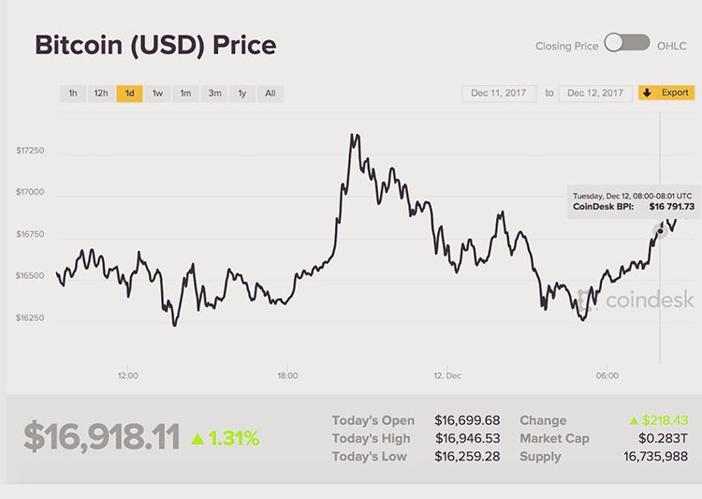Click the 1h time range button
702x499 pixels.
72,94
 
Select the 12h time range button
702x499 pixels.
100,94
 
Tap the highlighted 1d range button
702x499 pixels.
129,94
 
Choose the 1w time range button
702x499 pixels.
157,94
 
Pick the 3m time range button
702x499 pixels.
214,94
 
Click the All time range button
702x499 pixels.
270,94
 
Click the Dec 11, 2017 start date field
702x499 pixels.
499,94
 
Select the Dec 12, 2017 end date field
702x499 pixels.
595,94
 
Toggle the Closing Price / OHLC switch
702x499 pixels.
627,43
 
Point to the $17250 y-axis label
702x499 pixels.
30,151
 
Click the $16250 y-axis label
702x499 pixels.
30,318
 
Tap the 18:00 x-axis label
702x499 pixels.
287,375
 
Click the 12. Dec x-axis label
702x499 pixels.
447,375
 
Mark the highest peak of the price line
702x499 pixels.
353,135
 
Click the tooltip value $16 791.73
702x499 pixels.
672,206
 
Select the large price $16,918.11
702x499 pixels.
101,437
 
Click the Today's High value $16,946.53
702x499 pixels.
467,438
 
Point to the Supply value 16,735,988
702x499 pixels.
656,457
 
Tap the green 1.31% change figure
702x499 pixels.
233,438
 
